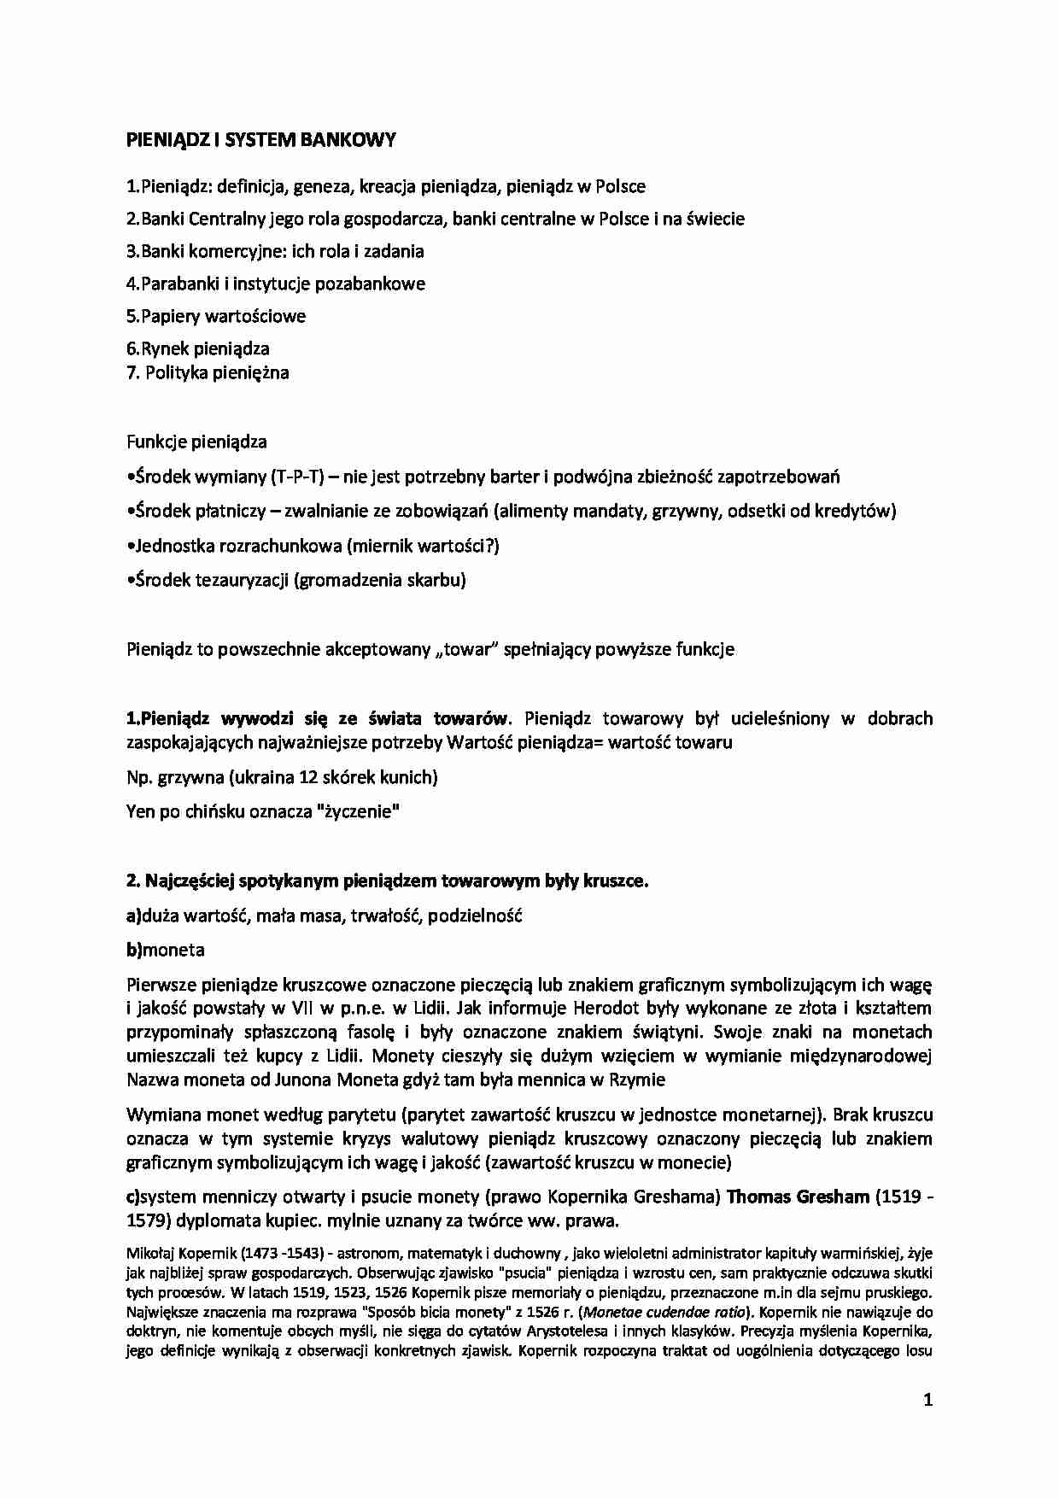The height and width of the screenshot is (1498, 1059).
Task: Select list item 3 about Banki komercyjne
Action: pos(274,251)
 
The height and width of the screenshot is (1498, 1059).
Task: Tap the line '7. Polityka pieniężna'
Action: pos(208,372)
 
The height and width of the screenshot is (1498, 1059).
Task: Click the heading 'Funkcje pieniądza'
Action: pos(196,442)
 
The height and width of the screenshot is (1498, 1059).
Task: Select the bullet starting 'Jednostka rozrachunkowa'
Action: pos(313,545)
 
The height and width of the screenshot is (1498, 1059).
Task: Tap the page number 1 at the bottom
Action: pos(927,1400)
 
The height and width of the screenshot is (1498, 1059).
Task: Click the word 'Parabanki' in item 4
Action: pos(177,284)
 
